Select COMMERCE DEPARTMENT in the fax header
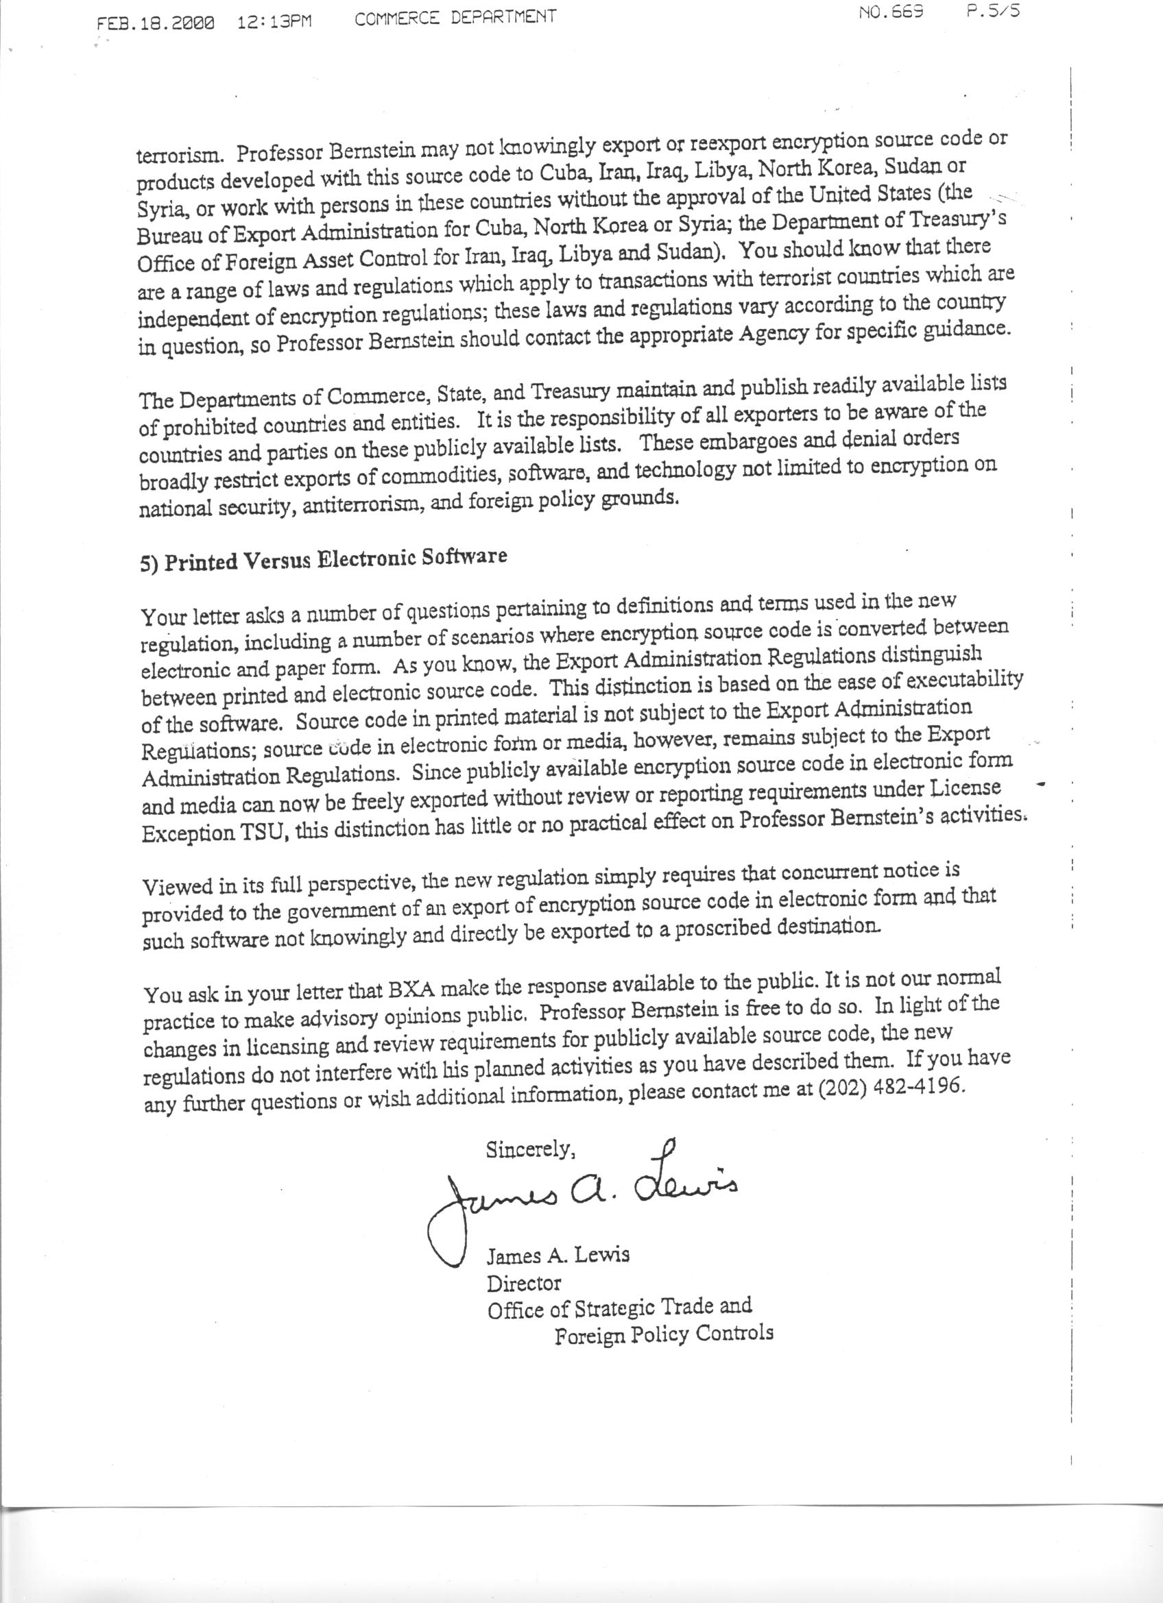pos(455,17)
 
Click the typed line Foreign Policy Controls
pos(663,1334)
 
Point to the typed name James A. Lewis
pos(557,1256)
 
